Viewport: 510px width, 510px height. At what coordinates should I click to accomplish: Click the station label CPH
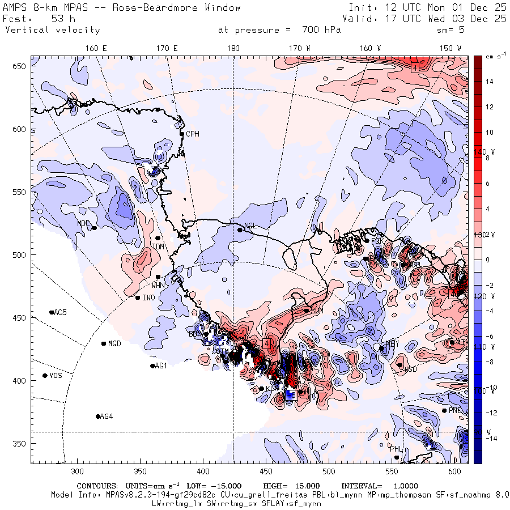[193, 134]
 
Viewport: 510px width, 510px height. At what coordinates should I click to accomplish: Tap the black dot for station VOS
[45, 376]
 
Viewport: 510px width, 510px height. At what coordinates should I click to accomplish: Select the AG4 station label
[107, 416]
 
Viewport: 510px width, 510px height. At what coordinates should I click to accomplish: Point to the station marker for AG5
[52, 312]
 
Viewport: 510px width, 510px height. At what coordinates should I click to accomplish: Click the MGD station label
[114, 344]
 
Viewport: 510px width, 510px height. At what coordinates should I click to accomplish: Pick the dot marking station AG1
[152, 366]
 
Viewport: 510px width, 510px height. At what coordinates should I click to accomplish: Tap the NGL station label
[250, 226]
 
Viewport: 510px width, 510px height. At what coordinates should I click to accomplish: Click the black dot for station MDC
[94, 228]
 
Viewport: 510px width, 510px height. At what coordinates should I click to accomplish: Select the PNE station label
[455, 410]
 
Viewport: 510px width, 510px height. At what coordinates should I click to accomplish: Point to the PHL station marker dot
[397, 457]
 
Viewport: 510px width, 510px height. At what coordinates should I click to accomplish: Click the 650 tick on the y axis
[21, 67]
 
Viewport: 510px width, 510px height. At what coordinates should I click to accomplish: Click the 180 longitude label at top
[233, 49]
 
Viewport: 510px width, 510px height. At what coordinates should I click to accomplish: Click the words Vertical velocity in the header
[52, 30]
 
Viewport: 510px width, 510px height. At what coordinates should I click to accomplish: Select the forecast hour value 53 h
[63, 19]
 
